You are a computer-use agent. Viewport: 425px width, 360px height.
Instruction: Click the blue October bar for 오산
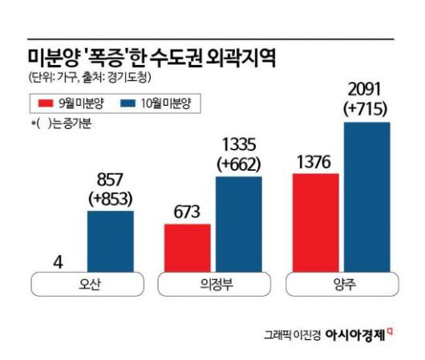click(111, 241)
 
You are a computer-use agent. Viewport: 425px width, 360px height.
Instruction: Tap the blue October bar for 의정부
click(238, 224)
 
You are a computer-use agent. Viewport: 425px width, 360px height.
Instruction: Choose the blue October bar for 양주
click(366, 197)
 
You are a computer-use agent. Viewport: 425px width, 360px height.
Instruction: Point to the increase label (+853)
click(111, 199)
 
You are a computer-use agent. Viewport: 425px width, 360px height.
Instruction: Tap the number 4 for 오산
click(57, 261)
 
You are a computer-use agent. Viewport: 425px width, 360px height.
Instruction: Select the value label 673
click(187, 212)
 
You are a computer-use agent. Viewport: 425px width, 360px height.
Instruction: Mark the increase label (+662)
click(237, 164)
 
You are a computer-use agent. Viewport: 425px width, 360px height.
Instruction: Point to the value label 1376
click(315, 162)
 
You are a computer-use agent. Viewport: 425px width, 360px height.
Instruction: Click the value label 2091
click(366, 89)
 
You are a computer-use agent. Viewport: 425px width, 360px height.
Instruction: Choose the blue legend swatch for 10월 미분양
click(127, 103)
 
